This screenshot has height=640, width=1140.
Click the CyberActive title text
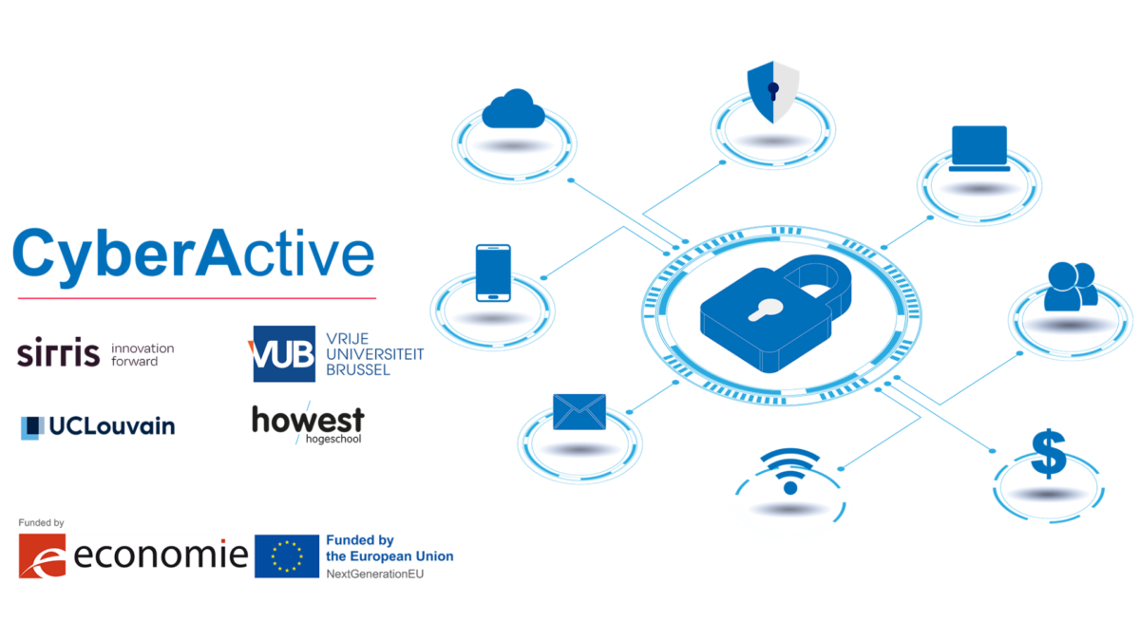[193, 254]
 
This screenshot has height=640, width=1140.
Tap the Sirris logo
[59, 354]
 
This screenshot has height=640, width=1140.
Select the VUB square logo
[283, 354]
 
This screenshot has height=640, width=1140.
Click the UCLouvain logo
[97, 427]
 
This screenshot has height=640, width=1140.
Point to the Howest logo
[307, 424]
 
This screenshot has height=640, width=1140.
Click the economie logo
[133, 555]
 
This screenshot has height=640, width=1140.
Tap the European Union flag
[287, 555]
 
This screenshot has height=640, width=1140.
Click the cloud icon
[513, 109]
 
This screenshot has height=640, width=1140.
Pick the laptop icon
[978, 148]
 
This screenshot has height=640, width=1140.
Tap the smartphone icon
[493, 273]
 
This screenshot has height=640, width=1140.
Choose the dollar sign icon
[1048, 455]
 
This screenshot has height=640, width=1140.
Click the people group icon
[1070, 286]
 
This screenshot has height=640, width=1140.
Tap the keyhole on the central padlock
[764, 310]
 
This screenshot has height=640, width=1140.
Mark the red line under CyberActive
[197, 298]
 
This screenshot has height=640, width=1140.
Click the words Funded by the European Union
[389, 548]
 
